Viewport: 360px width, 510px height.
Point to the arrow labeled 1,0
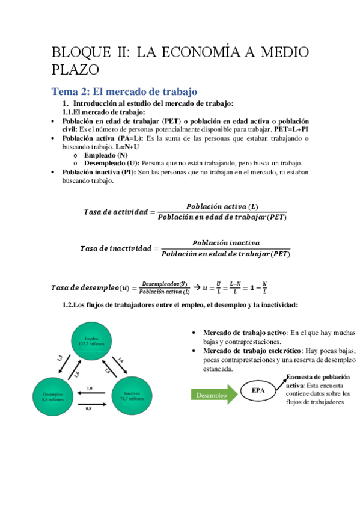coord(90,393)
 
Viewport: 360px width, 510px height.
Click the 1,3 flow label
coord(59,358)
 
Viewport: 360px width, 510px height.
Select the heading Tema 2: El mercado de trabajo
coord(124,92)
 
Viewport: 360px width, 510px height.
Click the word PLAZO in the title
coord(75,70)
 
